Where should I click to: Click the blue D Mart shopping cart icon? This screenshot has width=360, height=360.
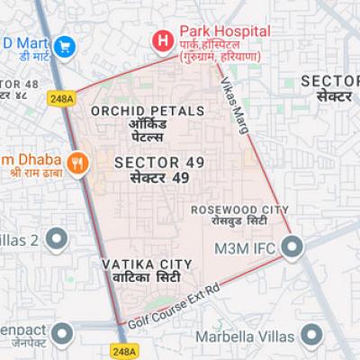point(64,45)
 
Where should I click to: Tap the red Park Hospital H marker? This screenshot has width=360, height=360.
point(162,40)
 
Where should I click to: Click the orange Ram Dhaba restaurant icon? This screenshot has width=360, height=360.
point(78,162)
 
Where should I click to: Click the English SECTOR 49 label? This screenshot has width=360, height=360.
point(160,162)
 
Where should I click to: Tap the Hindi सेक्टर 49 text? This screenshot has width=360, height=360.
point(160,178)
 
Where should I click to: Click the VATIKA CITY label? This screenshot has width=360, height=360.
point(147,264)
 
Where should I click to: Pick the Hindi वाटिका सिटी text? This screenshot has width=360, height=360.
point(147,278)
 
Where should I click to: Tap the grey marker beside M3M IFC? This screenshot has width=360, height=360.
point(292,246)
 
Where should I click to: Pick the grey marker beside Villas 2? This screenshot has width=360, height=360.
point(57,240)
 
